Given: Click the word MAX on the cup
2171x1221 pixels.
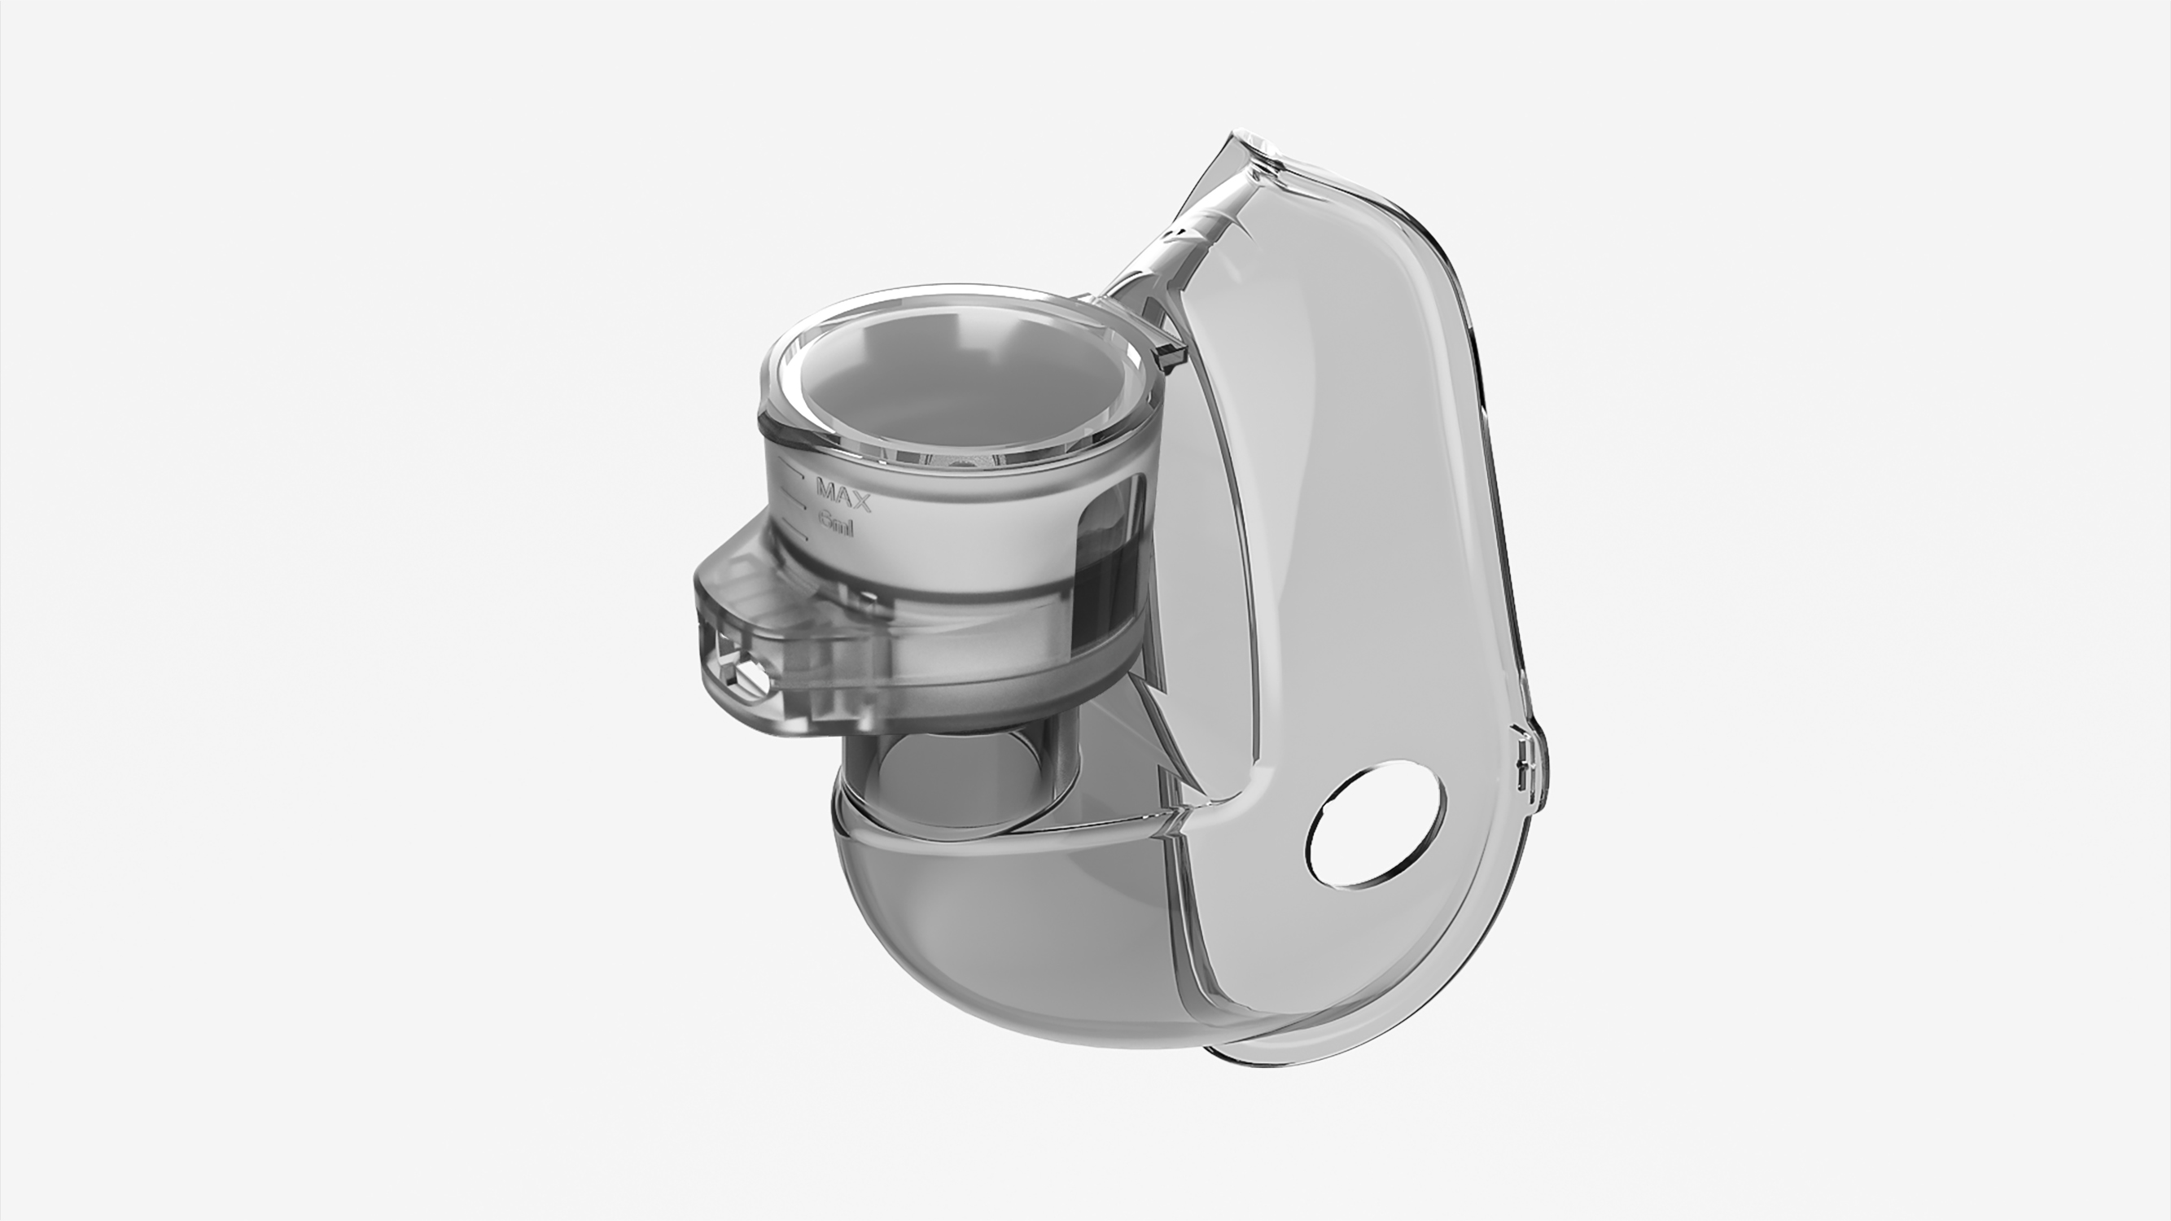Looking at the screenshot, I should pos(843,495).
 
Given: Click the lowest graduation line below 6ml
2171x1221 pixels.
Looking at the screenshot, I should pos(797,534).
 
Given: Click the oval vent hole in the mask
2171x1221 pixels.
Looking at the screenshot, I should pos(1377,824).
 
